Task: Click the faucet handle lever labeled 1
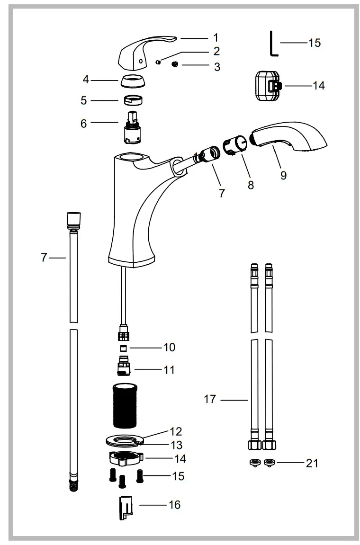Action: [x=143, y=52]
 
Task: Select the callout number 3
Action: [x=217, y=67]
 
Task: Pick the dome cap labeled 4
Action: [x=133, y=81]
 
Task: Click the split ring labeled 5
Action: [x=133, y=100]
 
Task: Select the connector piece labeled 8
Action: [x=235, y=143]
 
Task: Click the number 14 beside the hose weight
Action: [x=319, y=86]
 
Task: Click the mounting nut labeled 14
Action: [x=126, y=458]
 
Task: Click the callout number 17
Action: [x=210, y=399]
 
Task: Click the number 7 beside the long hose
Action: [x=44, y=258]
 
